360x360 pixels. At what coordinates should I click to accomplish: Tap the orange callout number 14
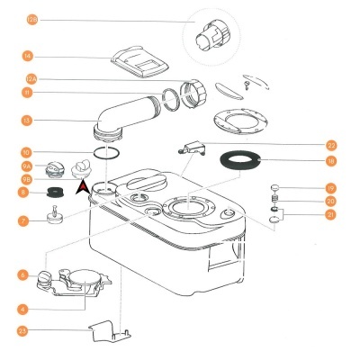coord(28,56)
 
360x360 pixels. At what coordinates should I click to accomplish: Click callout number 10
coord(28,152)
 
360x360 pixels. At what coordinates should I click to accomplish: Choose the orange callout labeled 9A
coord(28,166)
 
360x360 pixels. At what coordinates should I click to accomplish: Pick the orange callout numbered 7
coord(23,220)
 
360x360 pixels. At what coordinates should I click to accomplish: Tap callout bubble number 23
coord(23,330)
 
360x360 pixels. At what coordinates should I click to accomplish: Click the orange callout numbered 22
coord(331,145)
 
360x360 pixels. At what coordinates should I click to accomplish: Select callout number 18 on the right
coord(331,160)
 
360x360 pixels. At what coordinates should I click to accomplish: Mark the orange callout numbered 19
coord(331,187)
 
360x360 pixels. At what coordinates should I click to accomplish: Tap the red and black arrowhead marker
coord(83,187)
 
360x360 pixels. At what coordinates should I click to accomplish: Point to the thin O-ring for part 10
coord(106,153)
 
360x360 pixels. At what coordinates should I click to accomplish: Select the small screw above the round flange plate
coord(246,84)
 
